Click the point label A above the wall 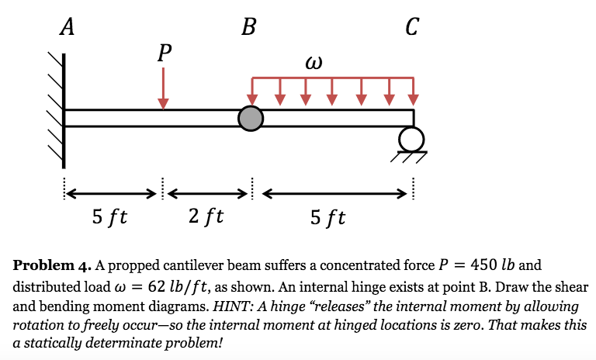(x=68, y=27)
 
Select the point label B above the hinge (x=249, y=27)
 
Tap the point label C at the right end (x=412, y=26)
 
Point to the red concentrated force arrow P (x=164, y=88)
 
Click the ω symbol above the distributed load (x=314, y=63)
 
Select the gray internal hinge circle (x=251, y=119)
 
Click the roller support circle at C (x=411, y=140)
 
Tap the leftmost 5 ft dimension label (x=109, y=217)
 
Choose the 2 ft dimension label (x=206, y=216)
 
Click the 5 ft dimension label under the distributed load (x=327, y=217)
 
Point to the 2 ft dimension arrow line (x=207, y=194)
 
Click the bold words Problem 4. (x=52, y=265)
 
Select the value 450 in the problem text (x=483, y=265)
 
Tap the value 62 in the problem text (x=157, y=286)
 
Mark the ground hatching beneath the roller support (x=409, y=157)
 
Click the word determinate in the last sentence (x=135, y=344)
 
